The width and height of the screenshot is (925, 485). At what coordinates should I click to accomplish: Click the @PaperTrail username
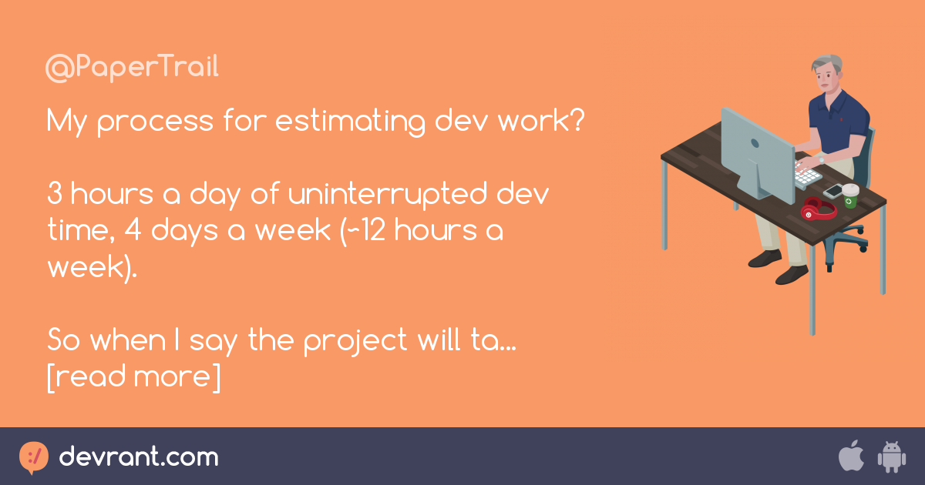pyautogui.click(x=132, y=68)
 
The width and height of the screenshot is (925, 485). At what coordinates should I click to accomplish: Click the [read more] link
pyautogui.click(x=133, y=376)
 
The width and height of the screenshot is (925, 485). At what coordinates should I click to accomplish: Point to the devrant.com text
pyautogui.click(x=139, y=457)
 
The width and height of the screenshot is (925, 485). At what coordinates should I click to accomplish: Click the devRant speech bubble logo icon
pyautogui.click(x=34, y=457)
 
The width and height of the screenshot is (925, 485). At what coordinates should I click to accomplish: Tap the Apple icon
pyautogui.click(x=851, y=457)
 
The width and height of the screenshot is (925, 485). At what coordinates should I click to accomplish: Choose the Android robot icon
pyautogui.click(x=890, y=457)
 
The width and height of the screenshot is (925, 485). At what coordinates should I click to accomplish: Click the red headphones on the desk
pyautogui.click(x=817, y=208)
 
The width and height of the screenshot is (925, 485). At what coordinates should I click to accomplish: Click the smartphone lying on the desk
pyautogui.click(x=833, y=189)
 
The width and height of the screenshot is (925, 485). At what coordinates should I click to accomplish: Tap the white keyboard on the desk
pyautogui.click(x=807, y=172)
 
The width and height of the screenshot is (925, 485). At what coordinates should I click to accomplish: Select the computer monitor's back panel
pyautogui.click(x=755, y=150)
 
